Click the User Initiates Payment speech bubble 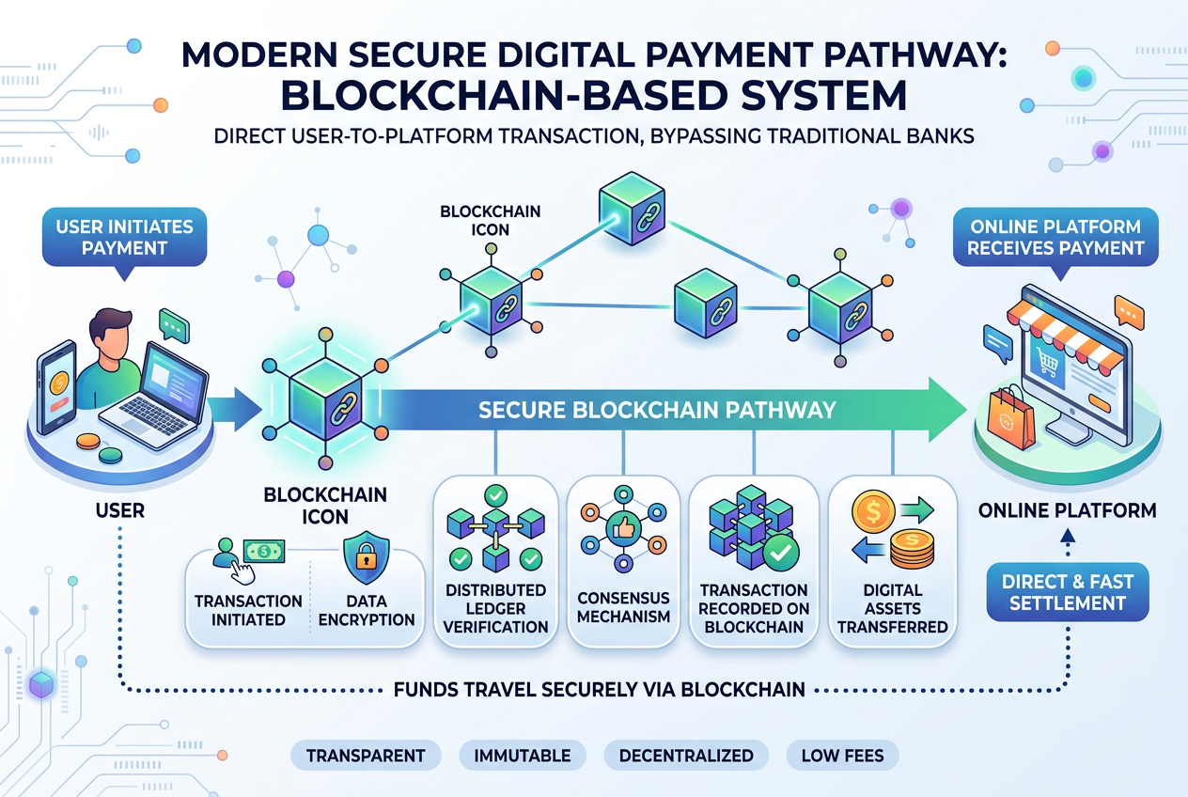click(x=124, y=238)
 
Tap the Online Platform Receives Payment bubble click(x=1055, y=238)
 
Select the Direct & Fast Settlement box click(x=1068, y=592)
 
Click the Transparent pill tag click(x=366, y=755)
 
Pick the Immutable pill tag click(x=523, y=755)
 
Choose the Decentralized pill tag click(x=686, y=755)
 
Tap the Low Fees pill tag click(x=842, y=755)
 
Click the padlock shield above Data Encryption click(x=366, y=557)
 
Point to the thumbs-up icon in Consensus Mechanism click(x=624, y=529)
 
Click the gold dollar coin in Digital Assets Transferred click(x=873, y=511)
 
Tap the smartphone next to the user click(x=56, y=387)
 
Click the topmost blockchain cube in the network click(x=632, y=209)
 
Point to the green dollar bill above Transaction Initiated click(x=264, y=552)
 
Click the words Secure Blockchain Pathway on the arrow click(x=657, y=410)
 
